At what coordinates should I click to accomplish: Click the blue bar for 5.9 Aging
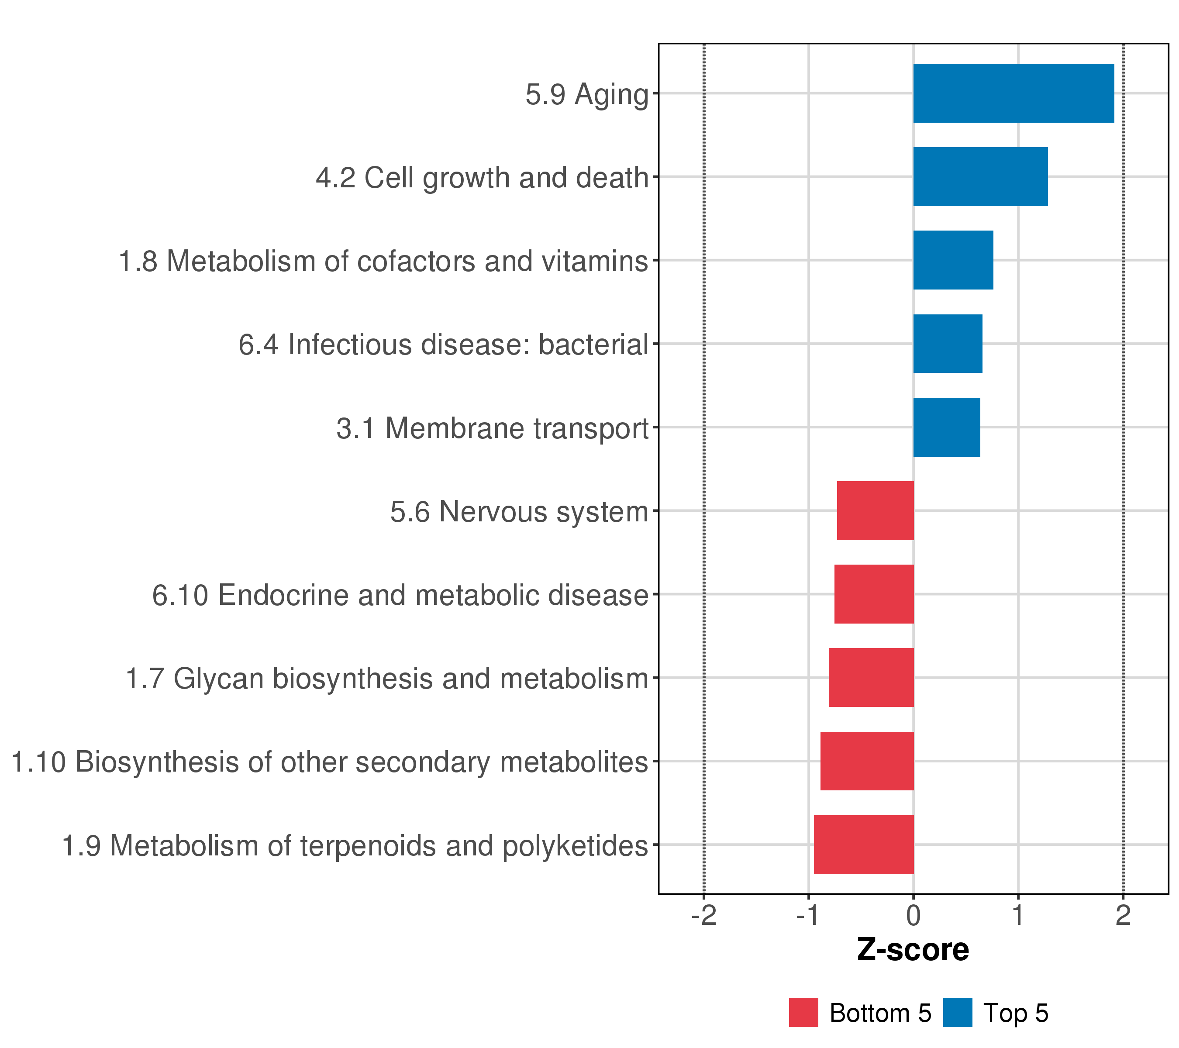tap(1014, 93)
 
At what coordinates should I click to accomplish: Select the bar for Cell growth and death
tap(981, 176)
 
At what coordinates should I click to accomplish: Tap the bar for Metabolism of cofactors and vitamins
tap(953, 260)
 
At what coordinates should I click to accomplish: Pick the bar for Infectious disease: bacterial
tap(948, 344)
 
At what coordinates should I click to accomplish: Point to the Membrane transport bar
tap(947, 427)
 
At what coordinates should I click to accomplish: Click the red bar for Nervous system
tap(876, 510)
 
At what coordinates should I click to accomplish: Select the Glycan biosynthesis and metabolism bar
tap(872, 678)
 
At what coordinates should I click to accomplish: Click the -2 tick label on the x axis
tap(704, 915)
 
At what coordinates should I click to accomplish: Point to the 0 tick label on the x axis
tap(913, 915)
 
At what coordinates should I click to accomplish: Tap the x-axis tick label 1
tap(1018, 915)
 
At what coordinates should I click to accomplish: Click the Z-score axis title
tap(913, 949)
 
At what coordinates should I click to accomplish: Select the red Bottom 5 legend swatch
tap(803, 1013)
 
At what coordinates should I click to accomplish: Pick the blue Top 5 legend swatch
tap(958, 1013)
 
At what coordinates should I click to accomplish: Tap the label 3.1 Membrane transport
tap(493, 428)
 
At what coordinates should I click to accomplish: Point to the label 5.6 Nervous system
tap(520, 512)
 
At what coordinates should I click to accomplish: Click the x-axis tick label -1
tap(809, 915)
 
